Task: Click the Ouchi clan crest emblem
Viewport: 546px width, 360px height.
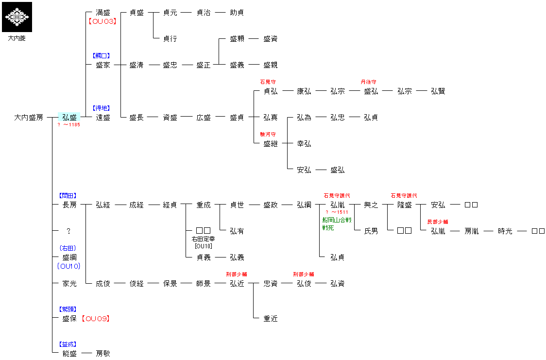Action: pyautogui.click(x=17, y=17)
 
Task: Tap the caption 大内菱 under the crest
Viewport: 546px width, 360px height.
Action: pyautogui.click(x=17, y=38)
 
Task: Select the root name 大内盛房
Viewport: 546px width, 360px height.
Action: pyautogui.click(x=29, y=118)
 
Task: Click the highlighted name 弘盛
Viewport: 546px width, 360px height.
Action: pyautogui.click(x=69, y=118)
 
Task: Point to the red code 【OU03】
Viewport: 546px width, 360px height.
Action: pyautogui.click(x=102, y=21)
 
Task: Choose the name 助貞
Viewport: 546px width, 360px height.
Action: pyautogui.click(x=237, y=13)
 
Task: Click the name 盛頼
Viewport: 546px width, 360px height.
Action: pyautogui.click(x=237, y=39)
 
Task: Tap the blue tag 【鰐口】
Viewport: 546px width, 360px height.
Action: pyautogui.click(x=102, y=56)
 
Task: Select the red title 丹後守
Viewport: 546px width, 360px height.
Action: pyautogui.click(x=368, y=82)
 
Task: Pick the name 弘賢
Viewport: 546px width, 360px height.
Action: pyautogui.click(x=438, y=91)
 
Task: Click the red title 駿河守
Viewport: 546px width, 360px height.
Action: pyautogui.click(x=268, y=135)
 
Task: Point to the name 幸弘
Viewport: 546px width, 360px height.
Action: pyautogui.click(x=304, y=144)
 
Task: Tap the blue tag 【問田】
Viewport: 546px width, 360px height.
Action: pyautogui.click(x=68, y=196)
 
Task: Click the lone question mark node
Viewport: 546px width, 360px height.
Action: pyautogui.click(x=68, y=231)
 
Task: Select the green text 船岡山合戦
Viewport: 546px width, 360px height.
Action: pyautogui.click(x=337, y=220)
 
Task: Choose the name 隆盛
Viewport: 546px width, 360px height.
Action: pyautogui.click(x=405, y=205)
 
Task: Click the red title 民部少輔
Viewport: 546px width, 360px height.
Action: pyautogui.click(x=438, y=222)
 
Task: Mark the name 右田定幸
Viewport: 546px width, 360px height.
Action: pyautogui.click(x=203, y=239)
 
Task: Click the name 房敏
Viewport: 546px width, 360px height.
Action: pyautogui.click(x=103, y=354)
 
